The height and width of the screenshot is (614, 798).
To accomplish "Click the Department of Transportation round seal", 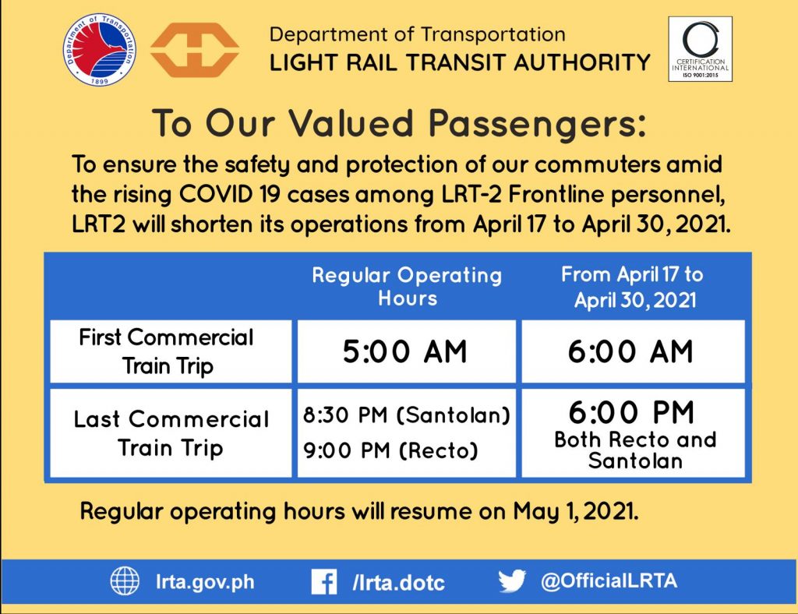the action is (x=100, y=49).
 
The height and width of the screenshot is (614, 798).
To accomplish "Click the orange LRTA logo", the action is (x=194, y=50).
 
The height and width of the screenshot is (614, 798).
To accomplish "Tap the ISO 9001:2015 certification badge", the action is (x=701, y=49).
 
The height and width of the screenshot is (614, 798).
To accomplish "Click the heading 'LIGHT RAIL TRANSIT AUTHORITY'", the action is (x=460, y=62).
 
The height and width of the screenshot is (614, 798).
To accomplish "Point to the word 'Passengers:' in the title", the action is (x=538, y=124).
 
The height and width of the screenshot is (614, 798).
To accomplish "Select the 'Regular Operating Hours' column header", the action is (x=407, y=286).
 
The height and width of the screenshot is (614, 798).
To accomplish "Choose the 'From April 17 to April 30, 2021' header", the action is (x=633, y=287).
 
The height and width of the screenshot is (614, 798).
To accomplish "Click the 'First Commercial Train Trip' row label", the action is (x=167, y=351).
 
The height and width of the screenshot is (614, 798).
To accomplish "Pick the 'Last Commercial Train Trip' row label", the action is (x=171, y=433).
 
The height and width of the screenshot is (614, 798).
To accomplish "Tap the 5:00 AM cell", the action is (x=404, y=351).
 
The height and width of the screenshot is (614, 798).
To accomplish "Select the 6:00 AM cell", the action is (x=630, y=351).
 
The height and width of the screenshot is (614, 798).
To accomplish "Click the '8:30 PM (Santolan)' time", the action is (x=407, y=415).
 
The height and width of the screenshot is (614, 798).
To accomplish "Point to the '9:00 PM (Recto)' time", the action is (x=391, y=450).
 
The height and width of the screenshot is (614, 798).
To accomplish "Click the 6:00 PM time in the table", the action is (x=631, y=412).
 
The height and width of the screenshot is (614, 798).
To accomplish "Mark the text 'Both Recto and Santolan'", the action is (x=635, y=450).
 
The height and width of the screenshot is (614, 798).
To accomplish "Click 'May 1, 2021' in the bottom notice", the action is (x=576, y=510).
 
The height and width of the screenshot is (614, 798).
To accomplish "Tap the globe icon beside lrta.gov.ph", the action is (x=125, y=581).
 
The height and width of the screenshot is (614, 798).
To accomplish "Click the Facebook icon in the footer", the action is (x=324, y=582).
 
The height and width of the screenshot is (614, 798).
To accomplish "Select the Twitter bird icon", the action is (x=512, y=581).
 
